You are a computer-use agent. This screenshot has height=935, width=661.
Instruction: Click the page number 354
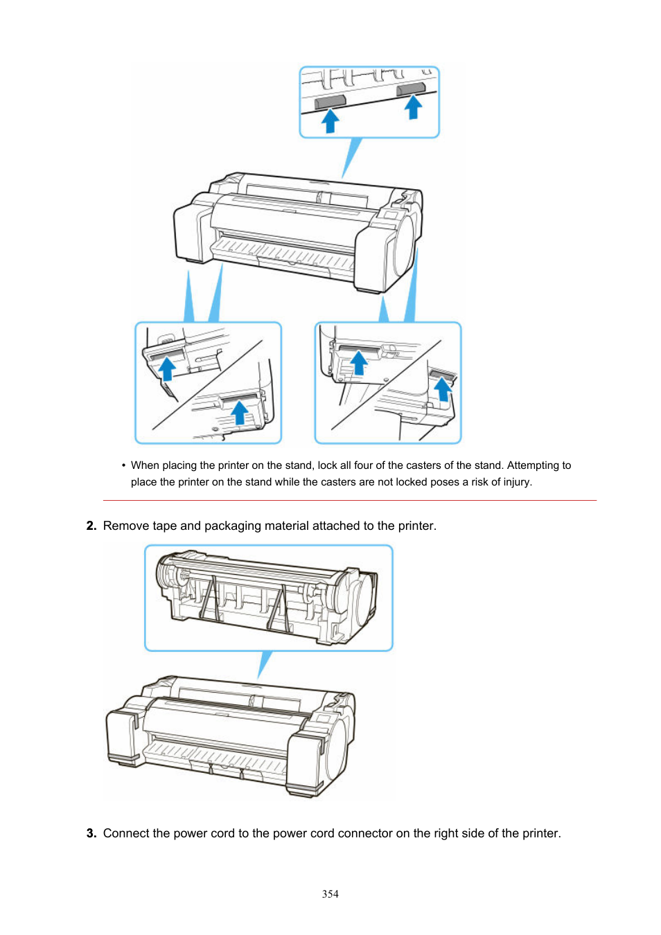coord(330,894)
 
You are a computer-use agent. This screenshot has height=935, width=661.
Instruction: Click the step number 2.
coord(91,526)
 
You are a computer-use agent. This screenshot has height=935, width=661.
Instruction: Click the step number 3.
coord(91,833)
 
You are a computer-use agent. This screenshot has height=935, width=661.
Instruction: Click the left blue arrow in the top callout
coord(330,121)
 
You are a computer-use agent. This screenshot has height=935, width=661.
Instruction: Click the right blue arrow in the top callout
coord(414,107)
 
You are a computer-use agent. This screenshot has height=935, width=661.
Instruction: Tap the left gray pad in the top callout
coord(330,102)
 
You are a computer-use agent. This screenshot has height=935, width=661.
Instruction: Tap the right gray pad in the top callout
coord(411,89)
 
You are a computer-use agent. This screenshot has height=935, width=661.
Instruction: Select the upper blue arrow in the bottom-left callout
coord(166,368)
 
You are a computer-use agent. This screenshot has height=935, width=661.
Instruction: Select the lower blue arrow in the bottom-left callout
coord(239,412)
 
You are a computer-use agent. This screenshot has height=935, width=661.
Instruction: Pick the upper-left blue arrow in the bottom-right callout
coord(358,362)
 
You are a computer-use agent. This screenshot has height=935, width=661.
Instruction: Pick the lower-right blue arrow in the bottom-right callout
coord(443,389)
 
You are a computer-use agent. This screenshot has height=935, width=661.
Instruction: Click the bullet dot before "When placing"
coord(123,465)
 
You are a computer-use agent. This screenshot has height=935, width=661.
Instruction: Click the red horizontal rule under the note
coord(350,500)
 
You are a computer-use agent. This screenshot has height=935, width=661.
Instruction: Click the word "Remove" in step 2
coord(126,526)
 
